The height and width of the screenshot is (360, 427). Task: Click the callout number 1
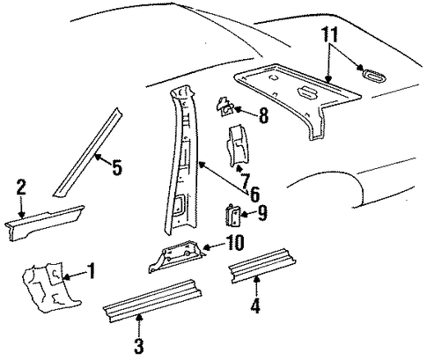[x=92, y=270]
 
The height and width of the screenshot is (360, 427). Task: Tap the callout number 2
[x=21, y=187]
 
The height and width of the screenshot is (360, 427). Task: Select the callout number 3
[x=138, y=346]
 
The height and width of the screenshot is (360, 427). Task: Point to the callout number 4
[x=255, y=305]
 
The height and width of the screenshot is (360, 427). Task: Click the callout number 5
[x=117, y=167]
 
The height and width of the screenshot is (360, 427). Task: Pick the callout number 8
[x=263, y=115]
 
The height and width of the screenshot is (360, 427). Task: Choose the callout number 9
[x=262, y=212]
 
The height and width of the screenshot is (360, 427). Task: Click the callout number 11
[x=330, y=35]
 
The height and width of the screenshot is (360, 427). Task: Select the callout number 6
[x=254, y=194]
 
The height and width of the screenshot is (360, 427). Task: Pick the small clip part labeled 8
[x=225, y=107]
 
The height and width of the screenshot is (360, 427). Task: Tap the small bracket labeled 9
[x=233, y=216]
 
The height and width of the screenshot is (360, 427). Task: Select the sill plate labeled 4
[x=261, y=266]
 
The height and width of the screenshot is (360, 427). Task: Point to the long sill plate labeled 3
[x=152, y=301]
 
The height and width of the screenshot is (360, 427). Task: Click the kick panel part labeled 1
[x=50, y=287]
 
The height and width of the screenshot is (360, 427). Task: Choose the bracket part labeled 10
[x=176, y=255]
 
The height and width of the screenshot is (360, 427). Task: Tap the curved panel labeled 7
[x=238, y=147]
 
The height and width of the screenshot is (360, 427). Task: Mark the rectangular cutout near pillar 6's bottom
[x=180, y=203]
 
